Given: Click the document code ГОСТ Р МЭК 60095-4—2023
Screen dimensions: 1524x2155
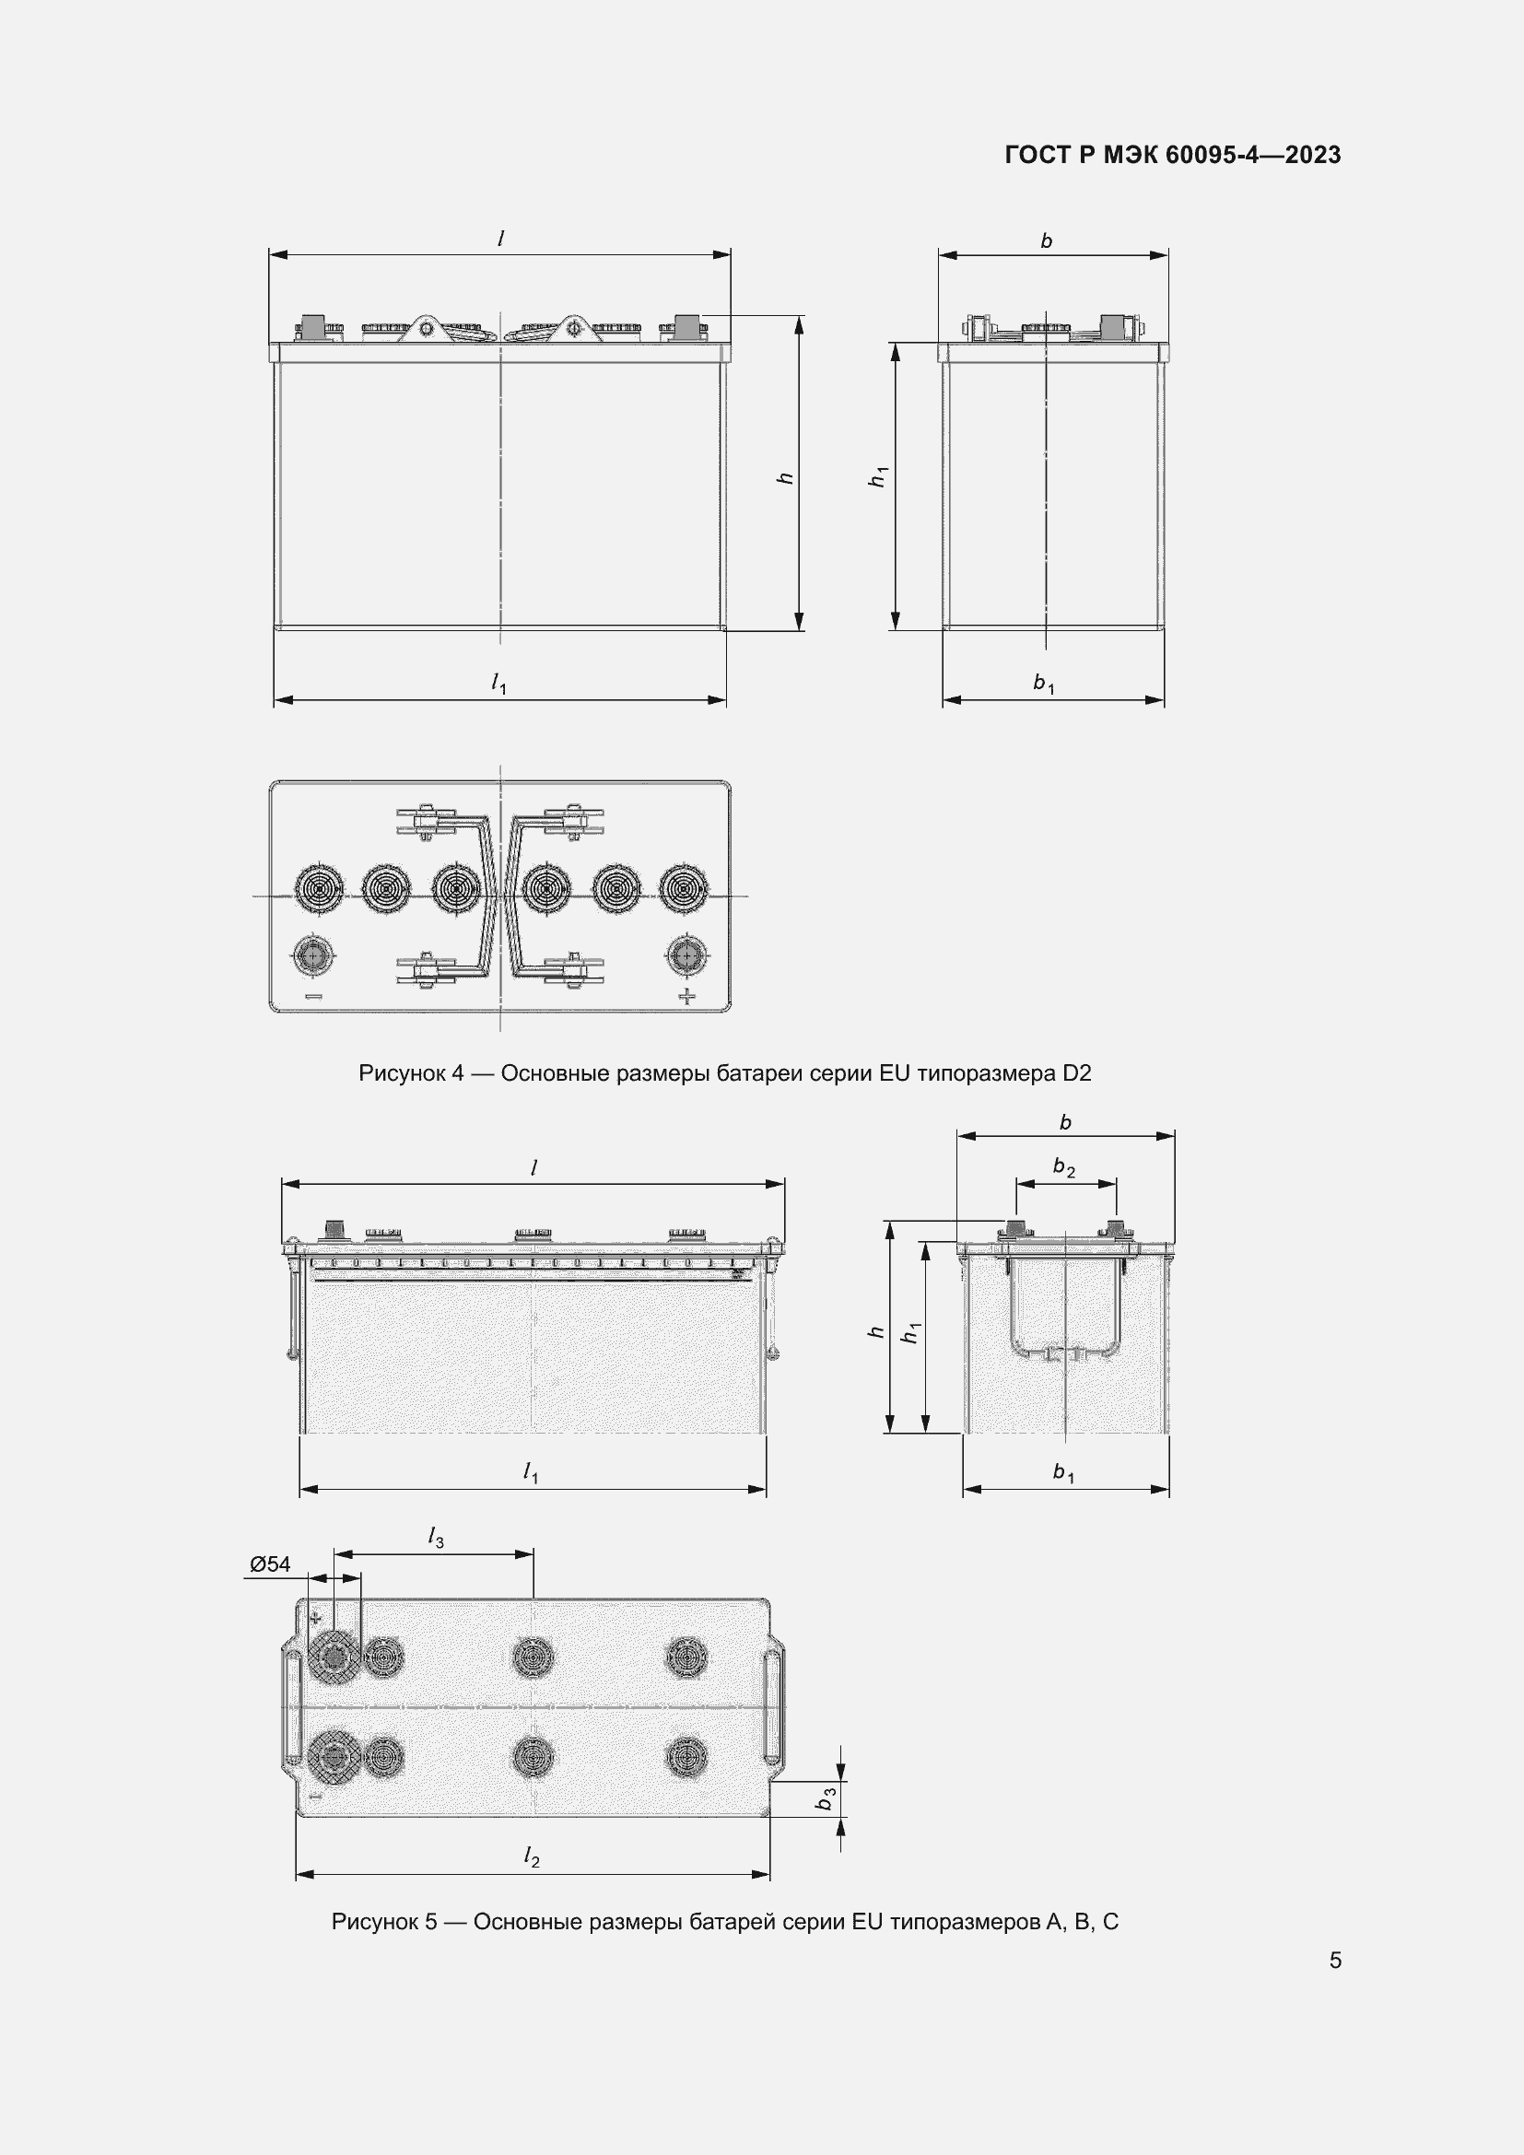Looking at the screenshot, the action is (1172, 155).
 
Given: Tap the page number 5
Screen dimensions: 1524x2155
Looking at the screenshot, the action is (1335, 1960).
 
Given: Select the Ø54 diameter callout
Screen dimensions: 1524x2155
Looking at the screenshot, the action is (270, 1564).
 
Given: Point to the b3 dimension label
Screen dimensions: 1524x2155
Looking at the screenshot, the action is (826, 1799).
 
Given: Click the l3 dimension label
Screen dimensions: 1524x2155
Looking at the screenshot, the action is (436, 1538).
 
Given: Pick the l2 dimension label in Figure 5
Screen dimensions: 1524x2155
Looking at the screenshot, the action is (531, 1856).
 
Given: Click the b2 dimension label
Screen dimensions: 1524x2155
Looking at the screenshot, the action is (1063, 1167).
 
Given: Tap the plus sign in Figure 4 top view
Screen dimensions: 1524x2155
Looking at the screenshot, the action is (688, 996).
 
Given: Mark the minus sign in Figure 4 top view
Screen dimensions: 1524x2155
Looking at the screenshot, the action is (312, 997).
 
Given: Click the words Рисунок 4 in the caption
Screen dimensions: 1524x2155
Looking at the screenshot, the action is (411, 1072).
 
